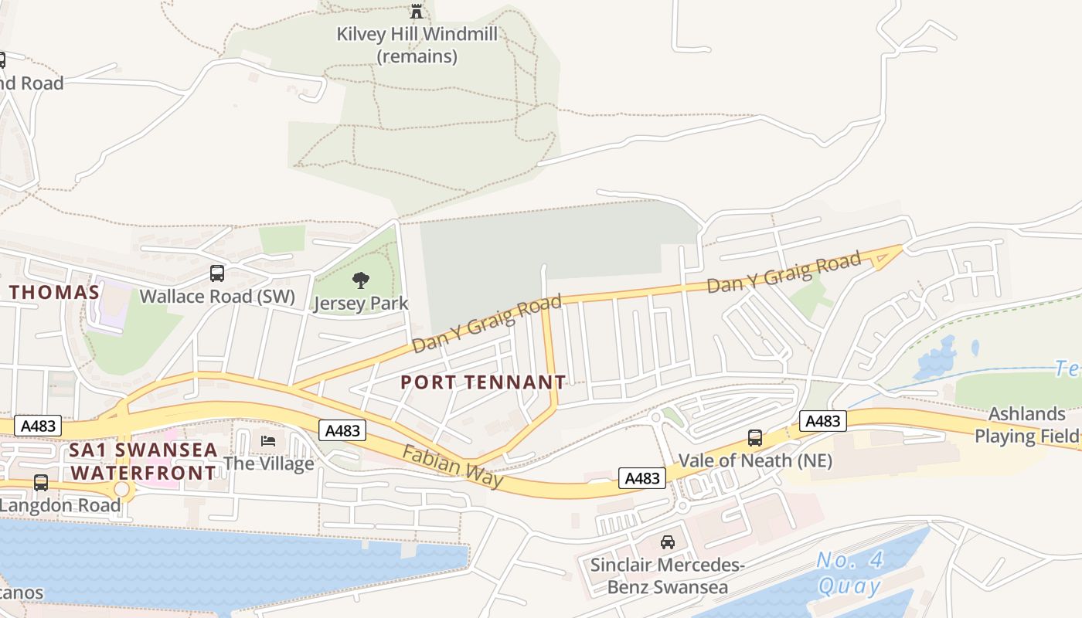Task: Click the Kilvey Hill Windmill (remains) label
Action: pyautogui.click(x=417, y=45)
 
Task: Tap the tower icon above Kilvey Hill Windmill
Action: pyautogui.click(x=417, y=12)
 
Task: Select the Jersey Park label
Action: pyautogui.click(x=361, y=303)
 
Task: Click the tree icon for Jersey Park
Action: pyautogui.click(x=361, y=280)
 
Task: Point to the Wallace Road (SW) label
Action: pyautogui.click(x=217, y=296)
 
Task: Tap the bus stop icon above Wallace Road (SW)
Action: pyautogui.click(x=217, y=273)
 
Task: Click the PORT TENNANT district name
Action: pyautogui.click(x=483, y=382)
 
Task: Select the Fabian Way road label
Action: pyautogui.click(x=452, y=466)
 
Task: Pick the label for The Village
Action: pyautogui.click(x=269, y=463)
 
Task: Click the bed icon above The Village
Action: pyautogui.click(x=268, y=440)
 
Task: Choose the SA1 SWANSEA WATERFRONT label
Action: pyautogui.click(x=143, y=461)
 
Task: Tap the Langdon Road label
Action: pyautogui.click(x=60, y=505)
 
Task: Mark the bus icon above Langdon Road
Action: pyautogui.click(x=41, y=483)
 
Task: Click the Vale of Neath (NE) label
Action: pyautogui.click(x=755, y=460)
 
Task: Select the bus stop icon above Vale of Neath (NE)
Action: pyautogui.click(x=755, y=438)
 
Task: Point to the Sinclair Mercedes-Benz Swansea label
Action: pyautogui.click(x=667, y=576)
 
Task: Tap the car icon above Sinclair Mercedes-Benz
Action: pyautogui.click(x=667, y=542)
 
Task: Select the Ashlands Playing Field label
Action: pyautogui.click(x=1027, y=424)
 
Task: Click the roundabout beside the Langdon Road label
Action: pyautogui.click(x=122, y=490)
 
